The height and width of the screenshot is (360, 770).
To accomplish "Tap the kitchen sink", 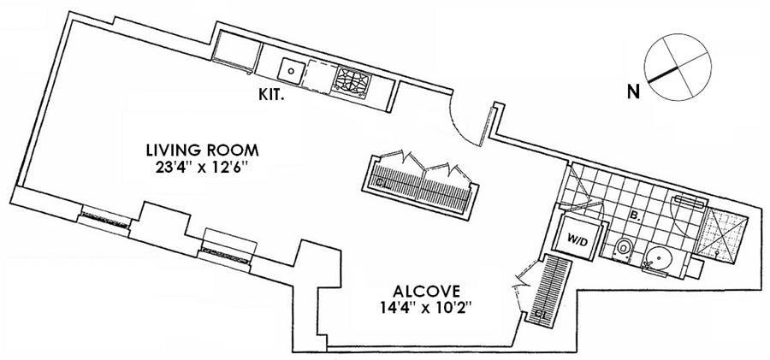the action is point(291,70).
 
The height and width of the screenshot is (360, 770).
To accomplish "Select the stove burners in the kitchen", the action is point(352,80).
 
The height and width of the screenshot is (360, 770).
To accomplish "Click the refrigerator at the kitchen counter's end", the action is point(236,51).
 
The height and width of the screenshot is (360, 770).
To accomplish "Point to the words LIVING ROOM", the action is point(203,150).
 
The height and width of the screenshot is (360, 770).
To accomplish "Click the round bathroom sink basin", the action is point(658,259).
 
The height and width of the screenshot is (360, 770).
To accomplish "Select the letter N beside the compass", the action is point(634,91).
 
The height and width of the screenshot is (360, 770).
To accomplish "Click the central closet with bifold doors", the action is point(420,186).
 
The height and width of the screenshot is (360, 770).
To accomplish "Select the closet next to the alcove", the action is point(549,289).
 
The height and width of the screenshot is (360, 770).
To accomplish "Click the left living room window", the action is point(105,219).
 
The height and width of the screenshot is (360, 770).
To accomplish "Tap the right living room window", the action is point(227,251).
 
